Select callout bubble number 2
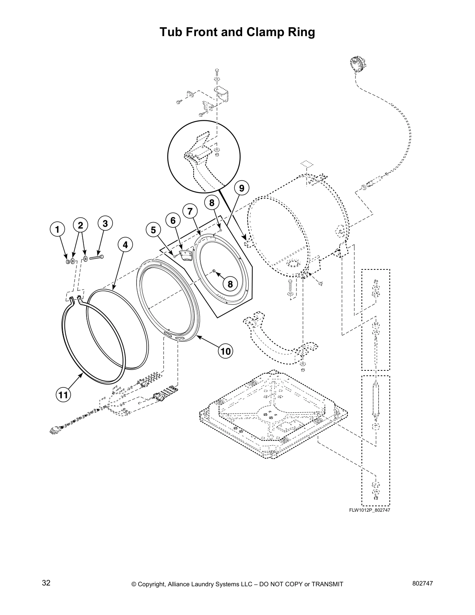coord(80,225)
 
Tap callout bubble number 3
coord(105,223)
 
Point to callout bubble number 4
coord(125,245)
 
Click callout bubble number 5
coord(153,230)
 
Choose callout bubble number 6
coord(173,221)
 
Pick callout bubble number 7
coord(190,211)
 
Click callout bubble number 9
coord(241,188)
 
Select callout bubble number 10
coord(225,351)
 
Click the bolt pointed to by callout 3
coord(97,257)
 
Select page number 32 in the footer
coord(46,583)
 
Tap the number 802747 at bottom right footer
coord(422,584)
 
